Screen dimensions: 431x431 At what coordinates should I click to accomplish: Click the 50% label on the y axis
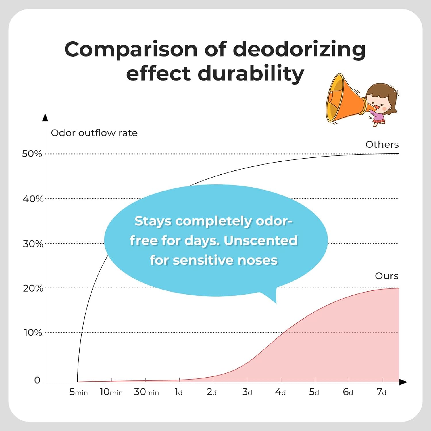(x=32, y=154)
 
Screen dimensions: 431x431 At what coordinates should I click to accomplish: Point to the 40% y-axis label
(x=33, y=199)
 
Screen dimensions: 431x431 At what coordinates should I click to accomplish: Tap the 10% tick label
(x=33, y=332)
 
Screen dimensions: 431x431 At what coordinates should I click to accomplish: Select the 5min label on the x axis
(x=78, y=392)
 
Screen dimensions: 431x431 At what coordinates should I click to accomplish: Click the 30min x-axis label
(x=146, y=392)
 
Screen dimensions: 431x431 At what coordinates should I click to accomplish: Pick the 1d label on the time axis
(x=178, y=392)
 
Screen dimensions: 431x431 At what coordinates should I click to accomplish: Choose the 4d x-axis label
(x=280, y=392)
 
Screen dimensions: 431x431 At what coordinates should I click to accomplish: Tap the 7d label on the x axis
(x=381, y=392)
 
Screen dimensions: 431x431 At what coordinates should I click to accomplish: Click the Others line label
(x=382, y=144)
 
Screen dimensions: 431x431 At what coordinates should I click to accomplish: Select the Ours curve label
(x=386, y=276)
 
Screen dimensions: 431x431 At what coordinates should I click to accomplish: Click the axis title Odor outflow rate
(x=94, y=133)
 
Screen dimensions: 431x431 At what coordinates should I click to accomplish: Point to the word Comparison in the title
(x=131, y=49)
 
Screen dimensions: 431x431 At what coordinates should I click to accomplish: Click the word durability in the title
(x=251, y=73)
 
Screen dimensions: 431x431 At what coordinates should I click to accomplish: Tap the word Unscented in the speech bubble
(x=260, y=240)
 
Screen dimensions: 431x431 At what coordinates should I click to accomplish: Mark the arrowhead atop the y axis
(x=45, y=117)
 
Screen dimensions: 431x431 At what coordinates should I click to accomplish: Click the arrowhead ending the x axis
(x=403, y=382)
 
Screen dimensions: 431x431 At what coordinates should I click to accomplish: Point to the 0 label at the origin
(x=37, y=380)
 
